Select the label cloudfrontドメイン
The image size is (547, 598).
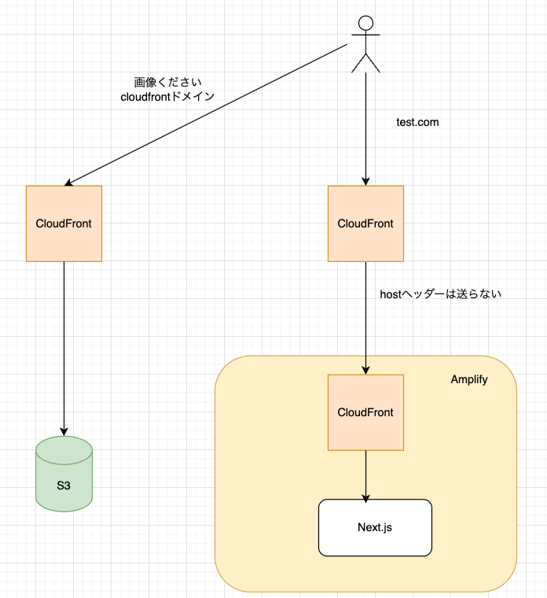[167, 97]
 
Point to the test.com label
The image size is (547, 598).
[417, 122]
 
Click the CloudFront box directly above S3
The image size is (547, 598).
[64, 223]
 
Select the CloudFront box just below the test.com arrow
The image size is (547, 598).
[365, 223]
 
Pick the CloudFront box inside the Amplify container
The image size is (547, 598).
[365, 412]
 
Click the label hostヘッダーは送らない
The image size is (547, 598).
[440, 294]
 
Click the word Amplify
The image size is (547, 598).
[469, 379]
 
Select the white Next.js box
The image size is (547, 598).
[375, 526]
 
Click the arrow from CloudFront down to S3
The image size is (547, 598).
[64, 346]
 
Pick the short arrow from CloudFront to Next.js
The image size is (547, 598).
[365, 472]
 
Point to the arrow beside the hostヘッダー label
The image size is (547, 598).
[365, 315]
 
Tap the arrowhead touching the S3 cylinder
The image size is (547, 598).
[64, 430]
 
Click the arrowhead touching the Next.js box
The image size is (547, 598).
[365, 495]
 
